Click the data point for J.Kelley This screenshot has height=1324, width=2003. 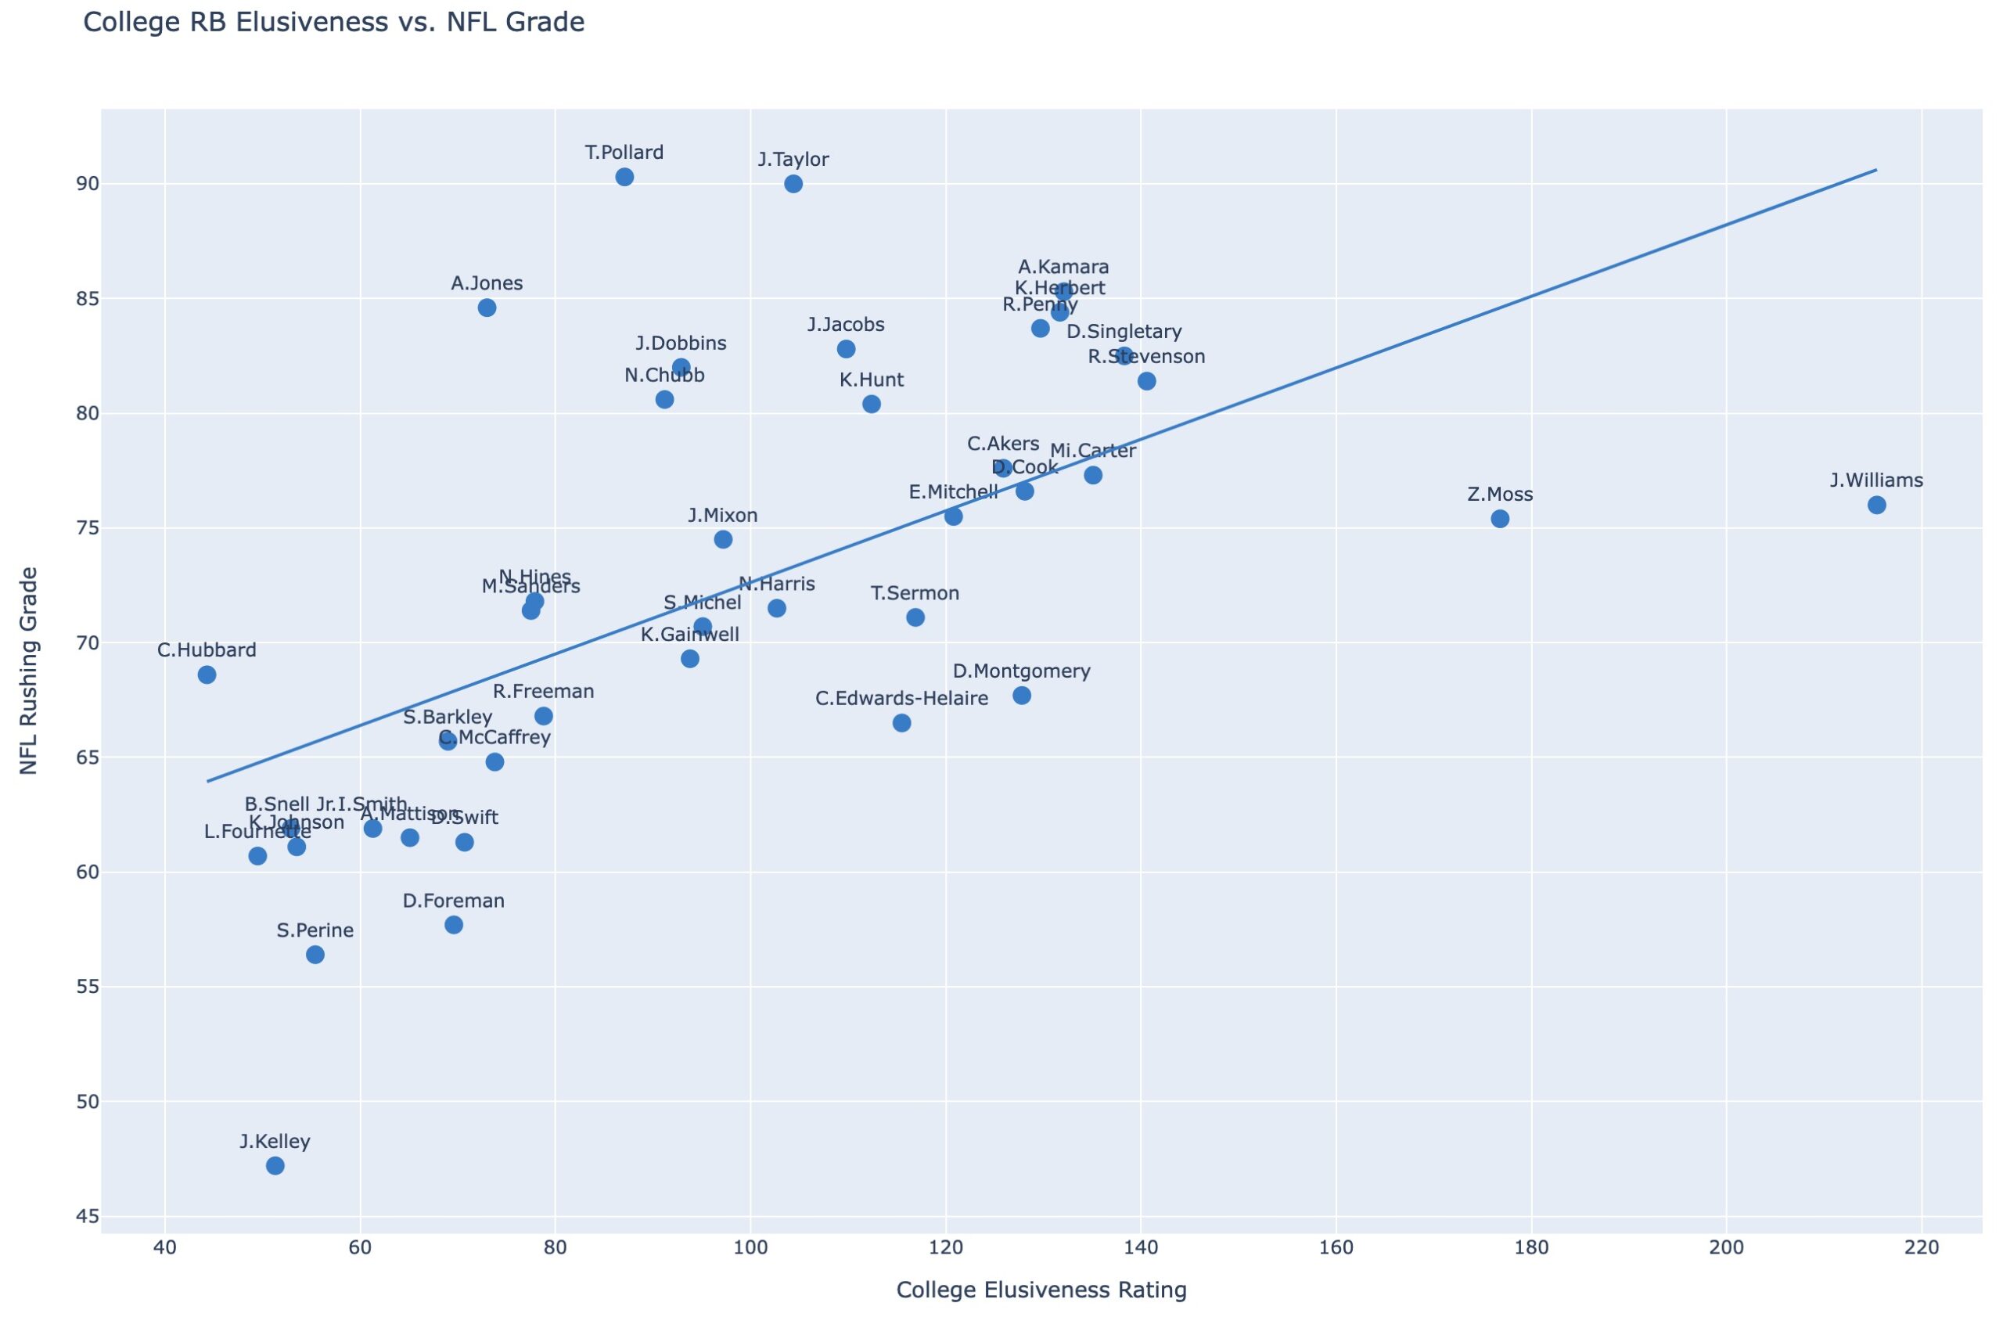275,1166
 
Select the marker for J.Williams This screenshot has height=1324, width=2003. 1876,505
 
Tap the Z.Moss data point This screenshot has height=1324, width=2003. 1500,519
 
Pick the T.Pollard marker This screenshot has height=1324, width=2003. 624,177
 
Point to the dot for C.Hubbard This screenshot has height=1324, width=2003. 207,675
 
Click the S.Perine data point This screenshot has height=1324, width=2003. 315,955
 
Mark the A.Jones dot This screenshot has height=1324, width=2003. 487,308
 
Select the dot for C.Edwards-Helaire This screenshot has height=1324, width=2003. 901,723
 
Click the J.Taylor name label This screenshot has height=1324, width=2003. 793,160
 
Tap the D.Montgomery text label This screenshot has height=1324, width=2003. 1021,671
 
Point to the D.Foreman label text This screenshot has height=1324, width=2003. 453,901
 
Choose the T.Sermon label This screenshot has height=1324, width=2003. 915,594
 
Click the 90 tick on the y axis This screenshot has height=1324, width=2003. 87,184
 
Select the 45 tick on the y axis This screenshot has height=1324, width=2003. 87,1217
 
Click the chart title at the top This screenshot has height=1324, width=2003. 333,22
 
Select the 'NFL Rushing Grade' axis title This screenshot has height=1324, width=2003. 29,671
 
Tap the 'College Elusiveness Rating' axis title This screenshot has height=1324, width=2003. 1041,1290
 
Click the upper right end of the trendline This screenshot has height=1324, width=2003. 1875,170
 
